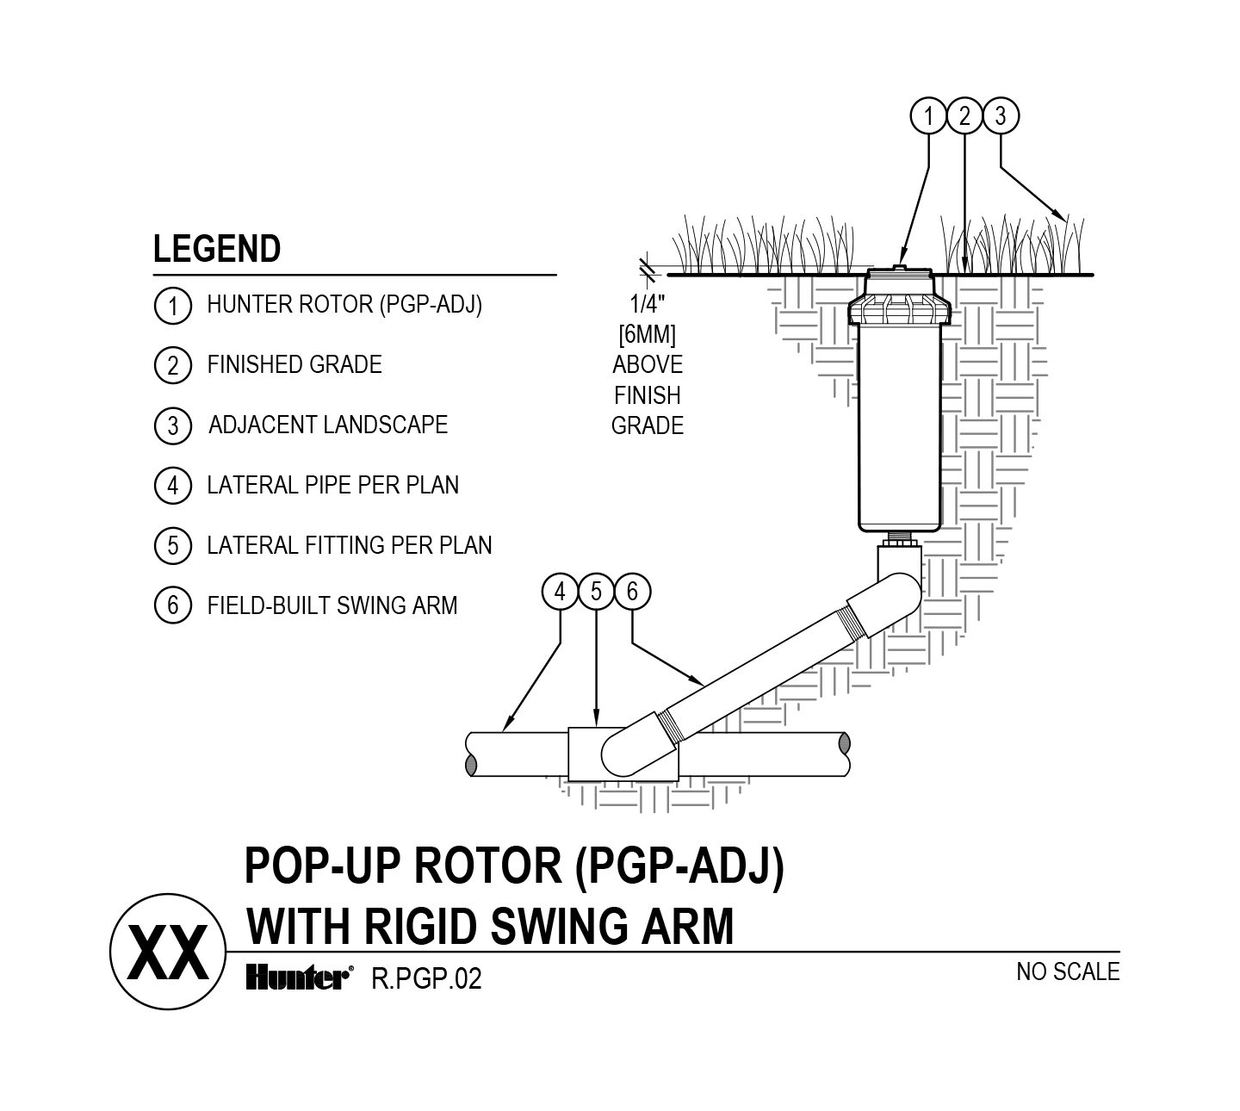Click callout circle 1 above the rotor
click(x=928, y=115)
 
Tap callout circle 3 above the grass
click(x=1001, y=115)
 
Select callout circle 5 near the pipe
click(x=596, y=592)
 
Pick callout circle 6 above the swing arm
click(x=632, y=592)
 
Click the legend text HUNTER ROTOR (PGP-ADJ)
click(x=344, y=304)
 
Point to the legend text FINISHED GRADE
click(x=294, y=365)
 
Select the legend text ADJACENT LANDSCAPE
click(x=328, y=425)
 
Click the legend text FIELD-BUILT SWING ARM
click(x=332, y=606)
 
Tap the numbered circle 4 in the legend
click(x=172, y=486)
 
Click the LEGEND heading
click(x=217, y=249)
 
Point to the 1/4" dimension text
click(x=647, y=304)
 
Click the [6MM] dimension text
click(x=647, y=334)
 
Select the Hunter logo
click(x=300, y=978)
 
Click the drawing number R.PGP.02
click(x=426, y=978)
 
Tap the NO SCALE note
click(x=1068, y=972)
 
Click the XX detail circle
click(x=168, y=952)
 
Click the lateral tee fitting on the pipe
click(x=623, y=754)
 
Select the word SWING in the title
click(x=560, y=927)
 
